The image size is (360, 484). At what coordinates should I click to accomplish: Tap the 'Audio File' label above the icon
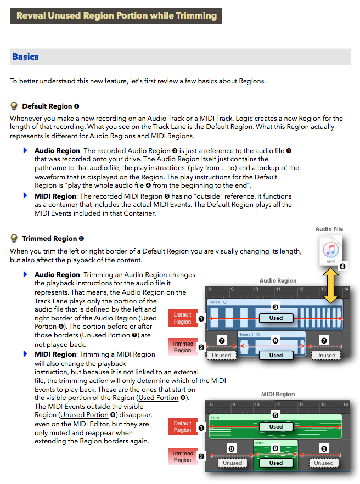(329, 229)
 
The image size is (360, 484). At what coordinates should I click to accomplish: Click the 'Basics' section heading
(25, 57)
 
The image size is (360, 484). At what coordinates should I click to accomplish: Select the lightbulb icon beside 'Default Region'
(14, 106)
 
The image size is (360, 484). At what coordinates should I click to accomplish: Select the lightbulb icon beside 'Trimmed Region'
(14, 239)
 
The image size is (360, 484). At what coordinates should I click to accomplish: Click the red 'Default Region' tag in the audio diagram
(182, 318)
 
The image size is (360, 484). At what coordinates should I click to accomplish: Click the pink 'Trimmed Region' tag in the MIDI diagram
(182, 457)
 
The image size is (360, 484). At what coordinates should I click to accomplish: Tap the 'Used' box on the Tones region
(276, 318)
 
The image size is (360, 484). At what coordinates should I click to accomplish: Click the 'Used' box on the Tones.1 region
(276, 355)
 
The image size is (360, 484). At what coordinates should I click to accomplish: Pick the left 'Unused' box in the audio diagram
(222, 355)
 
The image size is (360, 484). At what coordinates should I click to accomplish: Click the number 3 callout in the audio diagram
(276, 307)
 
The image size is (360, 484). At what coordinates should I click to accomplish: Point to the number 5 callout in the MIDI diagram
(276, 415)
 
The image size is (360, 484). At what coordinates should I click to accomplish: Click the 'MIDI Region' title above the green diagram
(278, 394)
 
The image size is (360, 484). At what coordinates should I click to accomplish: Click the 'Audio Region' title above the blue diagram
(278, 280)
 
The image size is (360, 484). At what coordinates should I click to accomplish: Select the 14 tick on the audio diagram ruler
(346, 289)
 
